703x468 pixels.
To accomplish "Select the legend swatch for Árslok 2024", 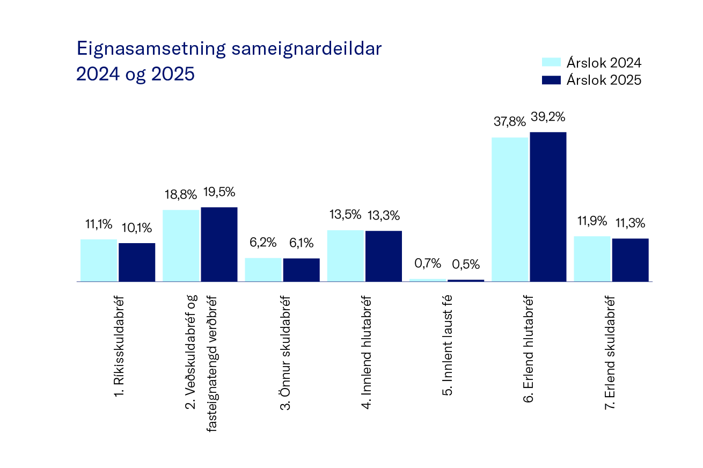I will pos(551,63).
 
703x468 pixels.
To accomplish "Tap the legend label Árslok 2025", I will pos(603,80).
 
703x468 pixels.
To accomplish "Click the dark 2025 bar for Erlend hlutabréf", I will pos(548,207).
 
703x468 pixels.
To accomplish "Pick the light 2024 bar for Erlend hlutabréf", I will pos(510,209).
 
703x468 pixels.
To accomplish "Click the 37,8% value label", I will pos(510,122).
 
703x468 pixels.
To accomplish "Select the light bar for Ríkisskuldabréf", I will pos(99,260).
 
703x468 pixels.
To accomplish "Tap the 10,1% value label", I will pos(137,228).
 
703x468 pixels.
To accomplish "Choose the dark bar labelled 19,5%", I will pos(219,244).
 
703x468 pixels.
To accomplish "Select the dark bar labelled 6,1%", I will pos(301,269).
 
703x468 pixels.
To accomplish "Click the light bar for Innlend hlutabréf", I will pos(345,255).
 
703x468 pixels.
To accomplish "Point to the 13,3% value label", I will pos(384,216).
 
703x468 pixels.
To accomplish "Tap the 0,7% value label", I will pos(428,264).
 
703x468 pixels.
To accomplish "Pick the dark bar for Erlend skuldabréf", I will pos(630,260).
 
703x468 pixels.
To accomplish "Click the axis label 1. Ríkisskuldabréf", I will pos(120,346).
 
